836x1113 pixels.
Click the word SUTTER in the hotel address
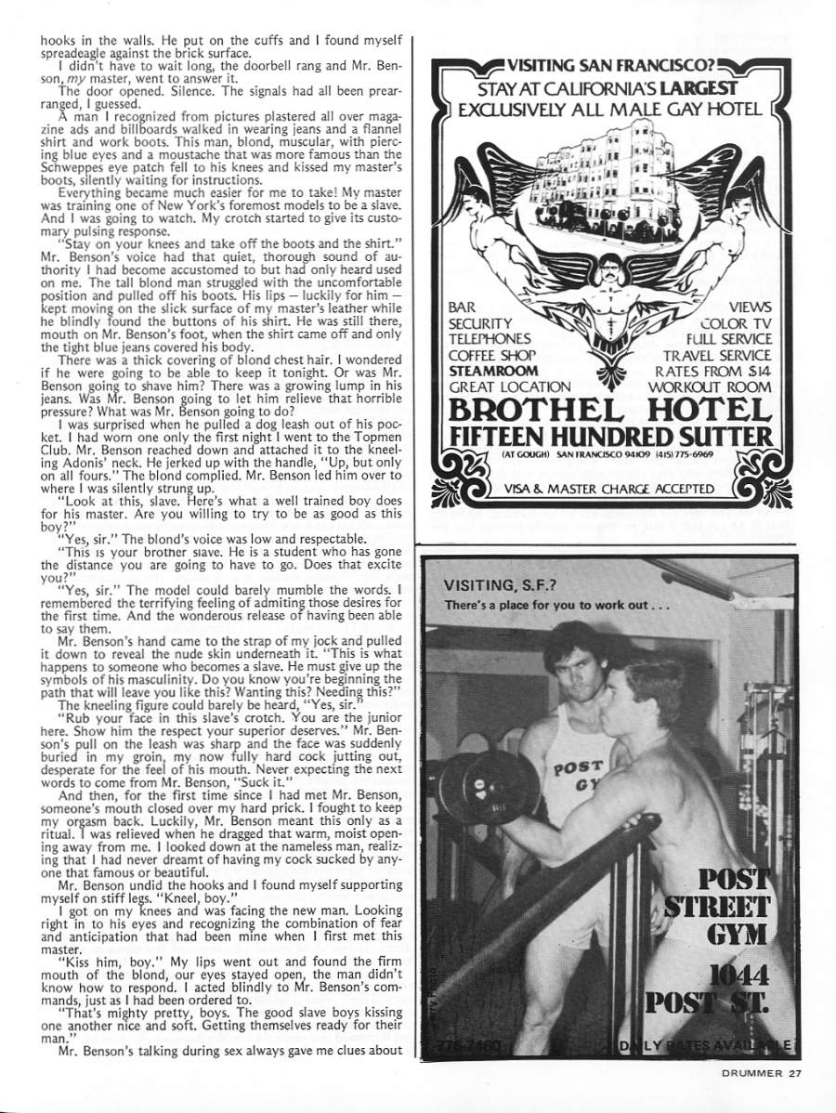(x=724, y=439)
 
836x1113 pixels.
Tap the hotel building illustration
(x=591, y=183)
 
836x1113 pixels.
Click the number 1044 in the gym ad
(x=736, y=976)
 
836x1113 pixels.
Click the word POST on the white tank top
(x=577, y=770)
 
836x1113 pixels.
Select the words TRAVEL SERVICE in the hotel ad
(x=717, y=355)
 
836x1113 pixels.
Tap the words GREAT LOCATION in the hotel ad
(x=509, y=386)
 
